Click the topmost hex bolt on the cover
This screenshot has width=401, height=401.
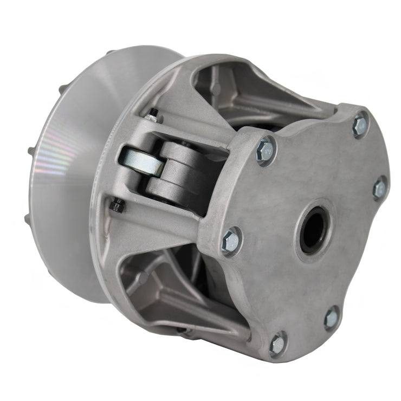click(x=360, y=125)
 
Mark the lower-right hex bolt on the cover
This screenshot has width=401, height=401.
click(x=331, y=318)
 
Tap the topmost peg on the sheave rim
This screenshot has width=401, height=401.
click(x=110, y=53)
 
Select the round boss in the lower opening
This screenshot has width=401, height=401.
click(x=143, y=279)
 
